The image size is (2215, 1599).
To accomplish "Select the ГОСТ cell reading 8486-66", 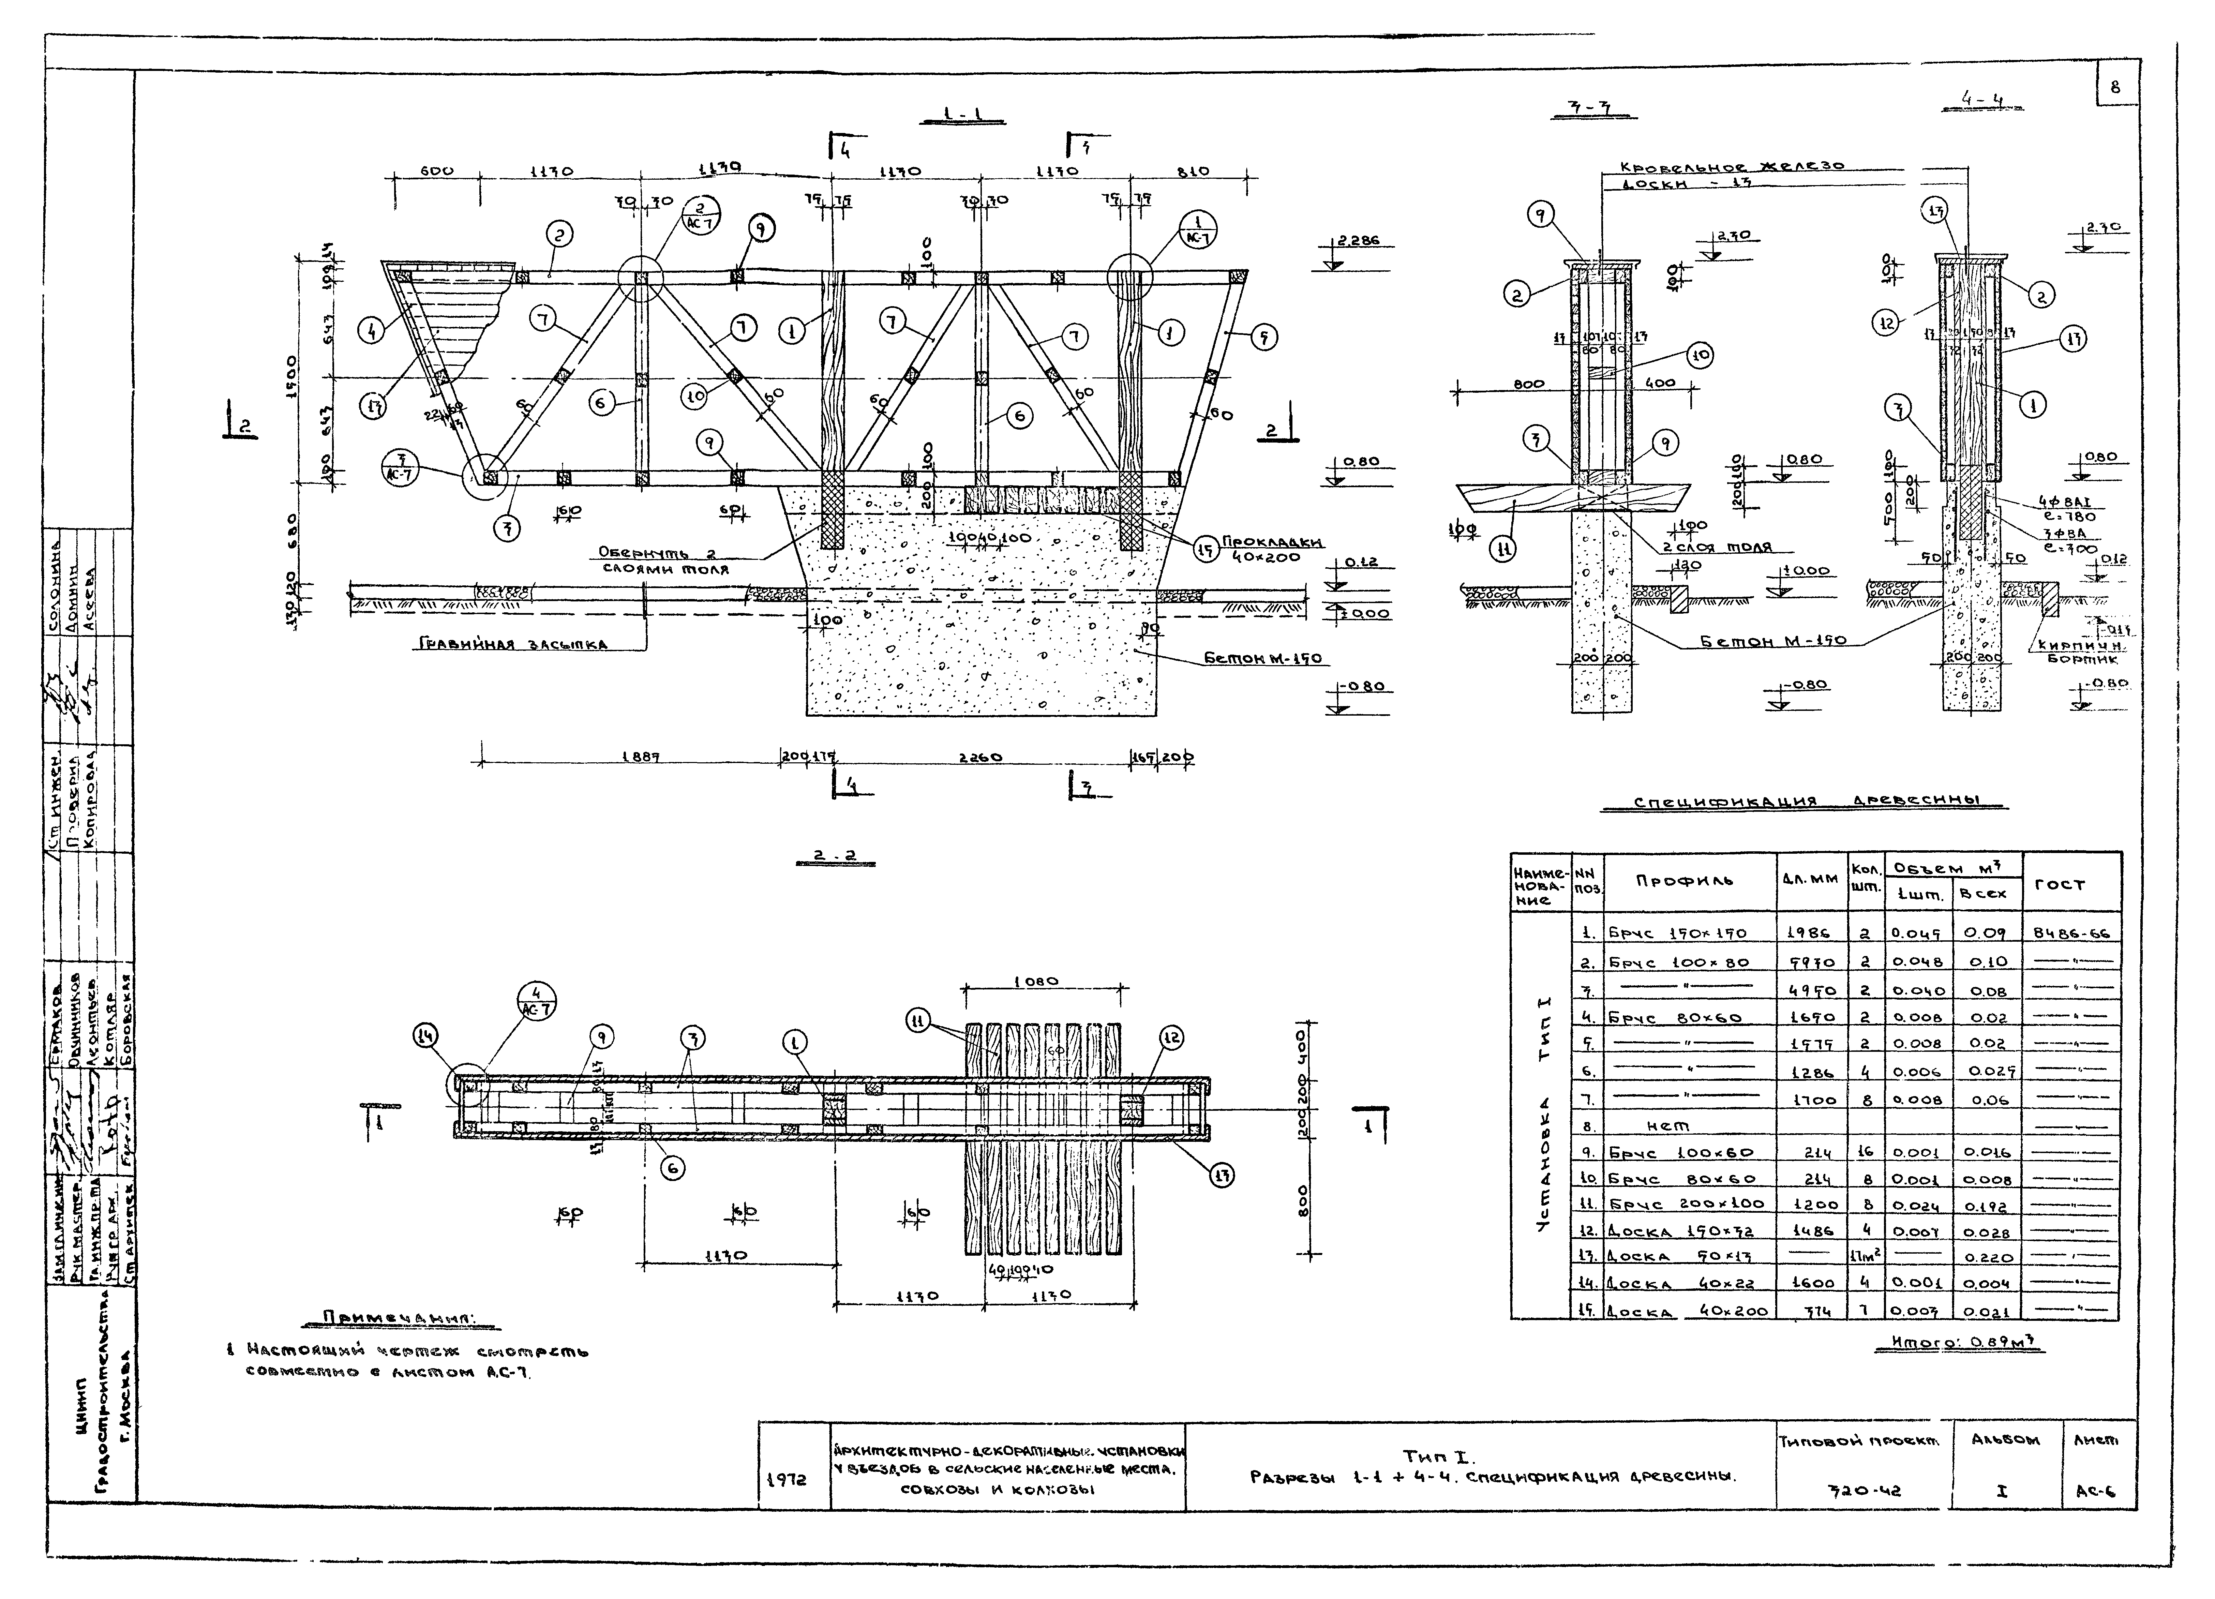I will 2071,933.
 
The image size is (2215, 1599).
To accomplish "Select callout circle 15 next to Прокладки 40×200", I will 1207,550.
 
